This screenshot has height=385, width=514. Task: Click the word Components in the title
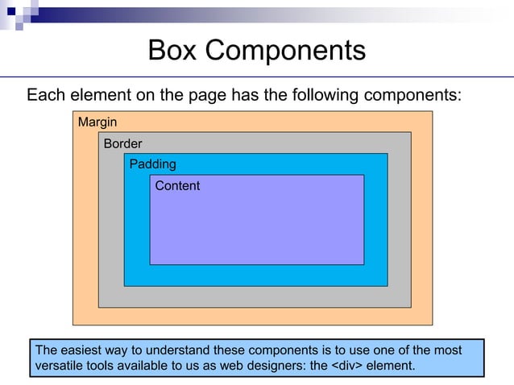[288, 51]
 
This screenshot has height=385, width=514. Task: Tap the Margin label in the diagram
[97, 122]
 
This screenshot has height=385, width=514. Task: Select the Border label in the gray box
[122, 144]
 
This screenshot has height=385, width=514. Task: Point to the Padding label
[152, 164]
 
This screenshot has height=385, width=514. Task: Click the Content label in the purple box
[177, 186]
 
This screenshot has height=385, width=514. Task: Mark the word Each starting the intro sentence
[44, 96]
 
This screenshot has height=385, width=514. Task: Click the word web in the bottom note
[234, 366]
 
